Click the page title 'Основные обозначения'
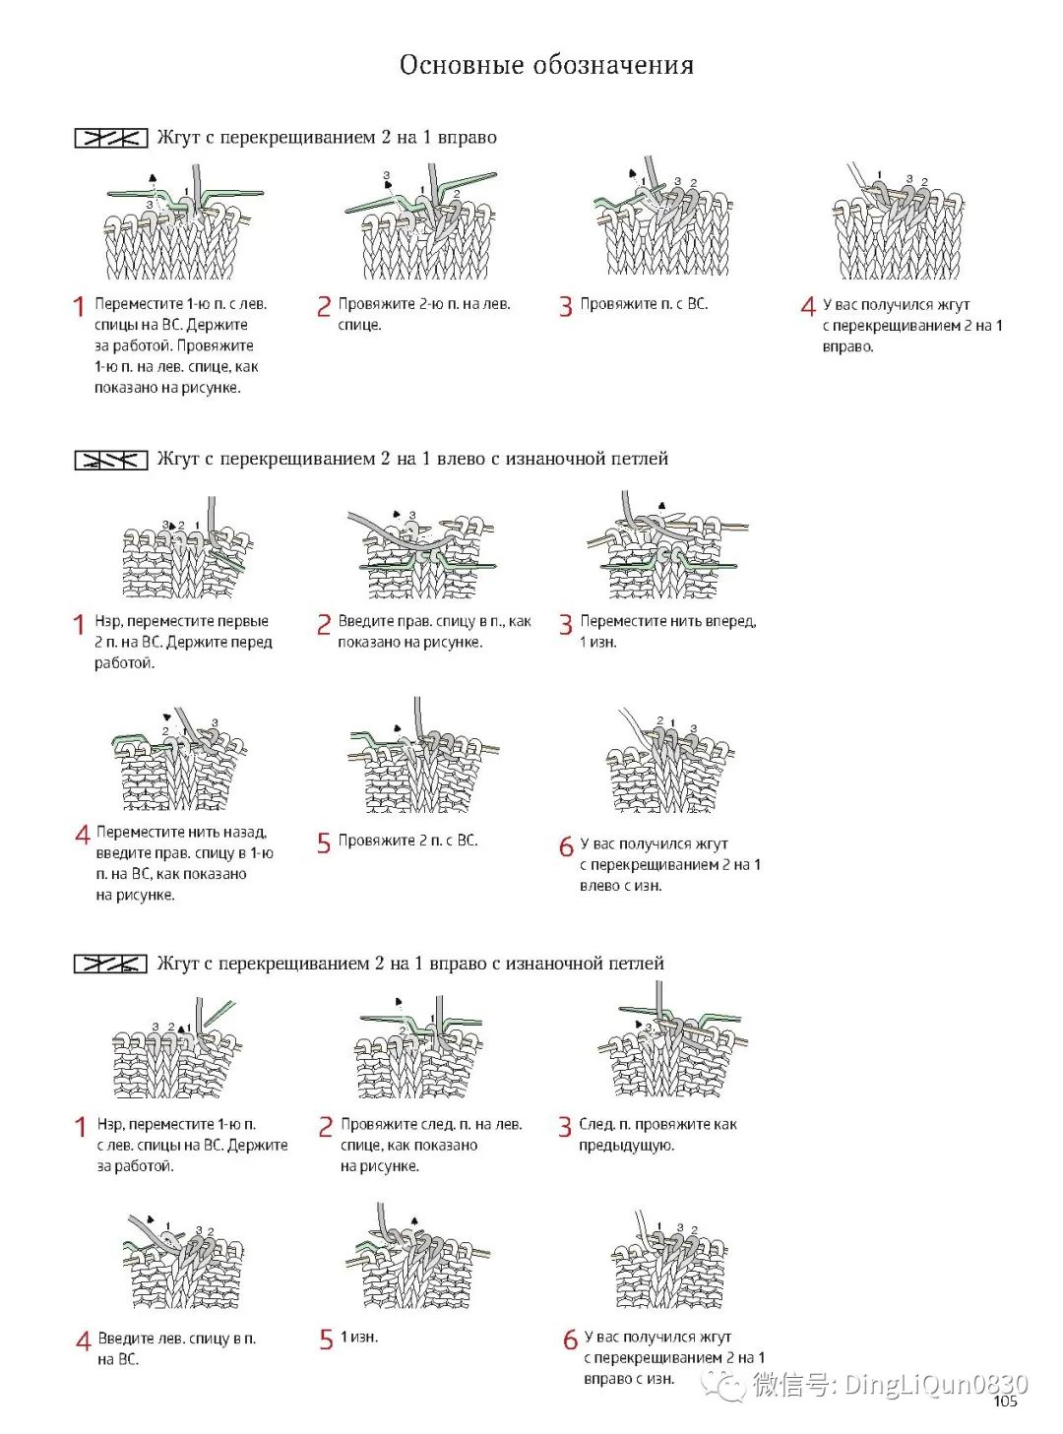[546, 65]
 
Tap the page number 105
[1005, 1402]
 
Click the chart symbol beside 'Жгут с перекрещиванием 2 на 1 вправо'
[111, 138]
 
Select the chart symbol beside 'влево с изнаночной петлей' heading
[111, 460]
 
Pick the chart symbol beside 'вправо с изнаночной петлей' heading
[111, 964]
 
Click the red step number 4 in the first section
[808, 306]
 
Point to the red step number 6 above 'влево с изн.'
[566, 846]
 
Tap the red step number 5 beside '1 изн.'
[326, 1340]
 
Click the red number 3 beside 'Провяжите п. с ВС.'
[565, 306]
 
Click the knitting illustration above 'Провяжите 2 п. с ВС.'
[421, 758]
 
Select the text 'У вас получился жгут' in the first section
[896, 305]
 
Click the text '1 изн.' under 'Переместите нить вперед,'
[598, 643]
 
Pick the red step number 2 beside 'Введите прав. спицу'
[324, 625]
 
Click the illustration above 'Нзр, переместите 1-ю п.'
[177, 1051]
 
